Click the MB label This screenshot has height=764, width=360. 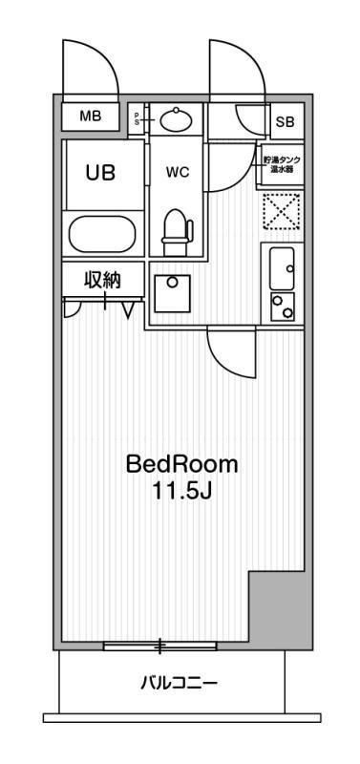pos(91,117)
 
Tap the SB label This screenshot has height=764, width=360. pos(285,121)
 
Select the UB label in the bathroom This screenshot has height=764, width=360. pos(100,173)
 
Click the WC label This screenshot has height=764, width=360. pos(177,173)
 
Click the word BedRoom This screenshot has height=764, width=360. pos(181,465)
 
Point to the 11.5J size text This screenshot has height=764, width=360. pos(181,493)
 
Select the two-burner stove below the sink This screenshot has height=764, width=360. pos(283,306)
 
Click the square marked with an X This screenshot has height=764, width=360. pos(282,212)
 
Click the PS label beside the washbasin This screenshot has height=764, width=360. pos(137,118)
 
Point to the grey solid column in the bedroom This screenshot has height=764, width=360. pos(280,606)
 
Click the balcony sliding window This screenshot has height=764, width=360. pos(160,647)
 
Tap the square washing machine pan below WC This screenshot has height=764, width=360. pos(173,292)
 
